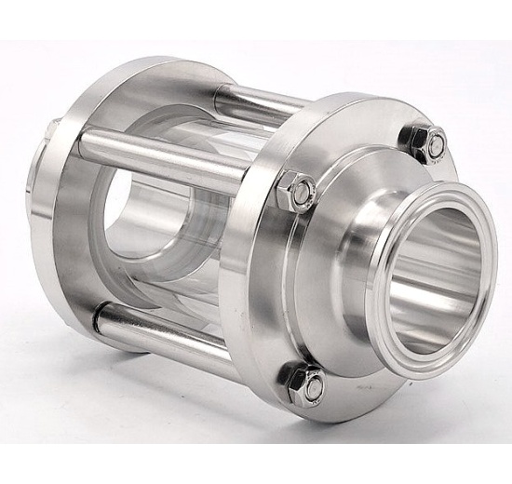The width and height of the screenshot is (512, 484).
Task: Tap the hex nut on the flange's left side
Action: click(298, 192)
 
